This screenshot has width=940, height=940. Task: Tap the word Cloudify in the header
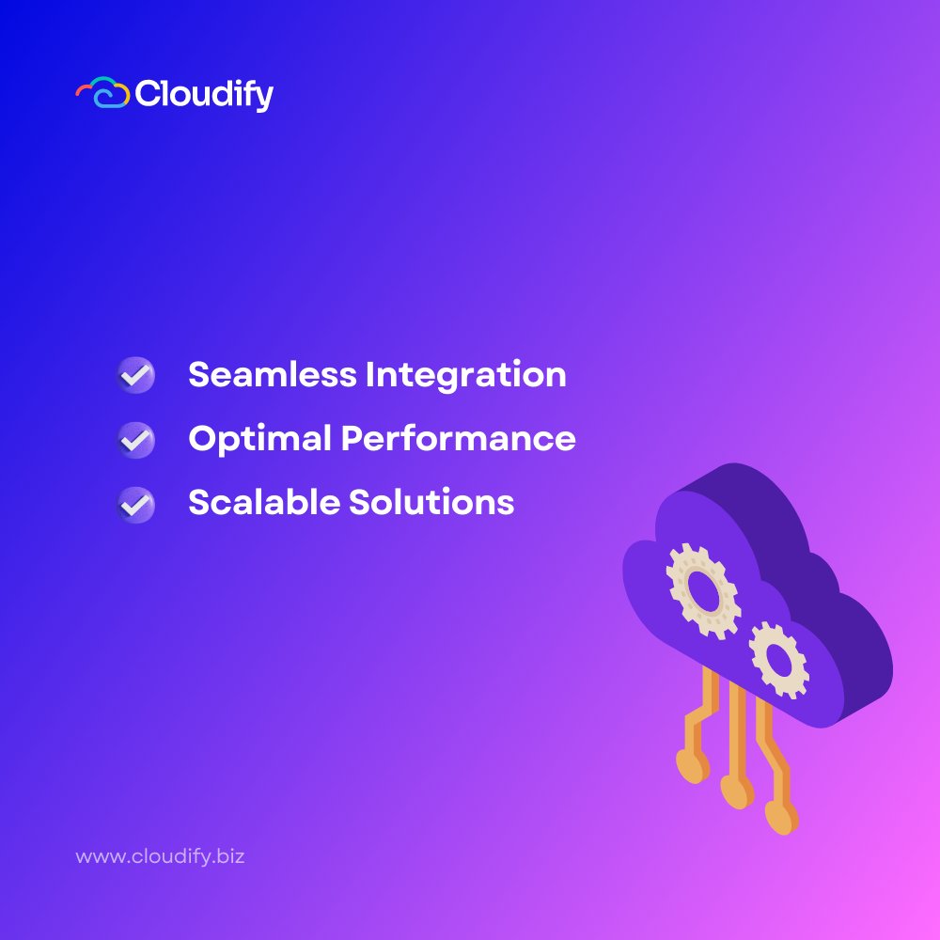[x=204, y=94]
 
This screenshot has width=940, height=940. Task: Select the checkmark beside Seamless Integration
[x=136, y=375]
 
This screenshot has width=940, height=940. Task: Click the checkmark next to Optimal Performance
[x=136, y=439]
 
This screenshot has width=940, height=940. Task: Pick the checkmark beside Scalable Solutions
[x=136, y=503]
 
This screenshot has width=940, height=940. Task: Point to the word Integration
[x=466, y=375]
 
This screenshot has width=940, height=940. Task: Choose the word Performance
[x=458, y=439]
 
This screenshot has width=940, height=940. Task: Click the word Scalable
[x=263, y=503]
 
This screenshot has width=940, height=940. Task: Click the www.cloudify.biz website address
[x=160, y=857]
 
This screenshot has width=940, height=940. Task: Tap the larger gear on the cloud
[x=703, y=590]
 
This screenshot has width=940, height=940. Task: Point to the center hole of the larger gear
[x=703, y=590]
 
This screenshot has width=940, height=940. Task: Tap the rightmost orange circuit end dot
[x=779, y=816]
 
